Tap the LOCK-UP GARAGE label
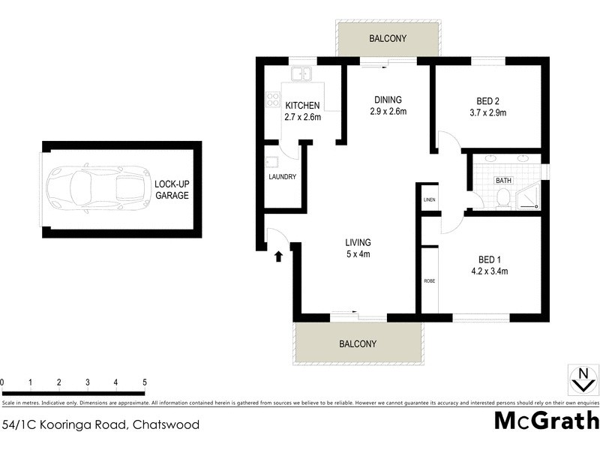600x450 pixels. coord(171,190)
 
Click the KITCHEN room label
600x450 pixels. coord(302,106)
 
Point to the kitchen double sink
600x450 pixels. coord(301,74)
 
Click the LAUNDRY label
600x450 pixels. coord(283,177)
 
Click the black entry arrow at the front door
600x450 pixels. coord(278,256)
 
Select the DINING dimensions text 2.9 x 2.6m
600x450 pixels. coord(387,112)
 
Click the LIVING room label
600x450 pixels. coord(358,242)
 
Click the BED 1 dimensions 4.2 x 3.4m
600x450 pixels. coord(489,271)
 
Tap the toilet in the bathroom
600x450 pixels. coord(503,196)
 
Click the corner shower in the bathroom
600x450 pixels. coord(529,194)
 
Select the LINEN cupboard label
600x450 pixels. coord(429,199)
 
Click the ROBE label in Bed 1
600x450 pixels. coord(429,280)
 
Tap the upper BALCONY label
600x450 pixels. coord(387,37)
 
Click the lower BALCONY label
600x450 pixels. coord(357,343)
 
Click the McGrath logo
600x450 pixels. coord(546,420)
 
